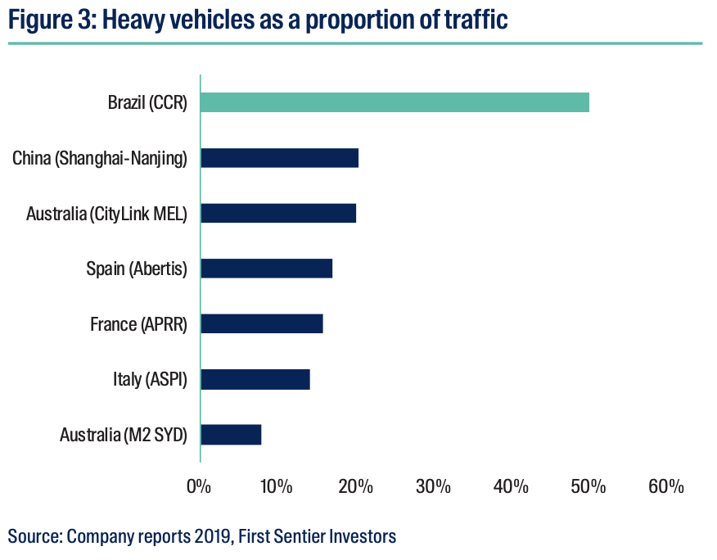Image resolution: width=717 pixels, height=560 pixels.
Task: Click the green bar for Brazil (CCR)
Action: [x=395, y=102]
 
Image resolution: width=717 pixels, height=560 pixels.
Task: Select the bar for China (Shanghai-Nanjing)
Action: [x=279, y=158]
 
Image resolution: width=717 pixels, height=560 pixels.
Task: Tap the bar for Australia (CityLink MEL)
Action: [x=278, y=214]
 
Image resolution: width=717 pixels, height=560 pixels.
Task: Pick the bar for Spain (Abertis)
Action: [x=266, y=269]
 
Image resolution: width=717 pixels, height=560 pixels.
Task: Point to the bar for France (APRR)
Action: [x=261, y=323]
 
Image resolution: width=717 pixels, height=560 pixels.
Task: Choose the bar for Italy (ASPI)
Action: [x=255, y=379]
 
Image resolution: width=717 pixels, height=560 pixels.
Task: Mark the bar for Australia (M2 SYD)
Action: [x=231, y=434]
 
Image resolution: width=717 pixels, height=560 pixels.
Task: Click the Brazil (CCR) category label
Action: [x=147, y=103]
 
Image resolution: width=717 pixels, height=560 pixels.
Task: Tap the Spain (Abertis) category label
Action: [x=137, y=269]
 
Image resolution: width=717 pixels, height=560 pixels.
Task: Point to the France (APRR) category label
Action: [x=138, y=324]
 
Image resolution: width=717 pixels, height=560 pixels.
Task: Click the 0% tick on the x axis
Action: [x=200, y=486]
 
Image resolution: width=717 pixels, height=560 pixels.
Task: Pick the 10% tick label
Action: [x=277, y=486]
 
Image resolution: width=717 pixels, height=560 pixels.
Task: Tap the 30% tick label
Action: [x=433, y=486]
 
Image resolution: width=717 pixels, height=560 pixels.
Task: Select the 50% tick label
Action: [x=588, y=486]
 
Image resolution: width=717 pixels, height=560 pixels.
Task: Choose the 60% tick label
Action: [x=666, y=486]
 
